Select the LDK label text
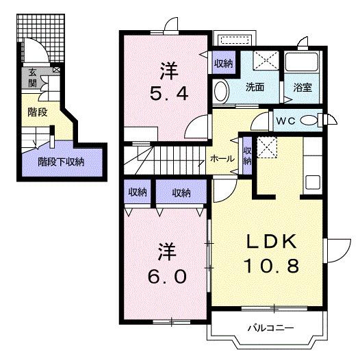coord(271,242)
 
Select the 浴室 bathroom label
coord(302,88)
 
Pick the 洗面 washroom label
coord(255,88)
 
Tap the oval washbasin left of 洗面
coord(220,91)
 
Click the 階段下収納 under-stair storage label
coord(61,162)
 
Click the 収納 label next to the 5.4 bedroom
coord(223,64)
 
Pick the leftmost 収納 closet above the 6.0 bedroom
coord(138,192)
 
